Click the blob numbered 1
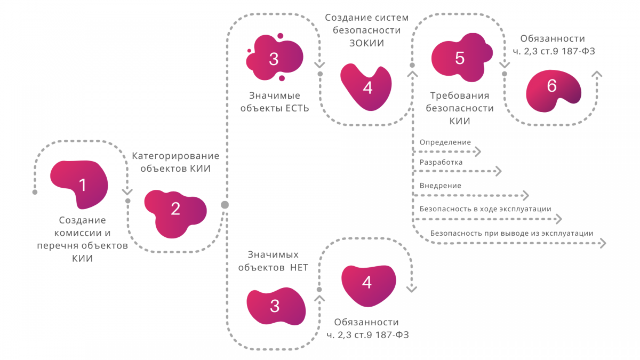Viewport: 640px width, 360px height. pyautogui.click(x=80, y=184)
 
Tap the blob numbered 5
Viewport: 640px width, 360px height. pyautogui.click(x=459, y=58)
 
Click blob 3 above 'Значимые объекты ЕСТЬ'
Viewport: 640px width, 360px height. pyautogui.click(x=274, y=59)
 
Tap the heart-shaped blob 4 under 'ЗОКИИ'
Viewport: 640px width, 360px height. pyautogui.click(x=367, y=87)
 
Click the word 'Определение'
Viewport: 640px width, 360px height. pyautogui.click(x=445, y=142)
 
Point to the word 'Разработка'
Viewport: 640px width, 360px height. pyautogui.click(x=441, y=162)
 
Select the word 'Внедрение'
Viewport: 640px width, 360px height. pyautogui.click(x=440, y=186)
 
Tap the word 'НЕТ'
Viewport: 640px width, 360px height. pyautogui.click(x=299, y=268)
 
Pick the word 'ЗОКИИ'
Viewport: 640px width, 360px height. pyautogui.click(x=367, y=43)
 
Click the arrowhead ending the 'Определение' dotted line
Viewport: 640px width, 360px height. pyautogui.click(x=478, y=152)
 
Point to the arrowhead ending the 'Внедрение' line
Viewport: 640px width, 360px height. pyautogui.click(x=525, y=195)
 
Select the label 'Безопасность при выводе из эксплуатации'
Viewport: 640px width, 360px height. pyautogui.click(x=511, y=233)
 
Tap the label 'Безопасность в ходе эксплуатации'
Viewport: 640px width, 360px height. pyautogui.click(x=485, y=209)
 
